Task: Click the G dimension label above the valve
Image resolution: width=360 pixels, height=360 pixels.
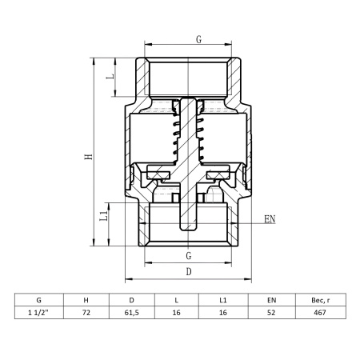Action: pyautogui.click(x=198, y=39)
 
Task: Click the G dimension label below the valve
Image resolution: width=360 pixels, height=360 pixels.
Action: pyautogui.click(x=189, y=256)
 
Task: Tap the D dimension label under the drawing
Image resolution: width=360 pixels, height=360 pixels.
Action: pyautogui.click(x=189, y=272)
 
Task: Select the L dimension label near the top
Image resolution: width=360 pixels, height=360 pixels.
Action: pyautogui.click(x=110, y=76)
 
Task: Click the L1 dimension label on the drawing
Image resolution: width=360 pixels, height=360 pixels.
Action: pyautogui.click(x=103, y=216)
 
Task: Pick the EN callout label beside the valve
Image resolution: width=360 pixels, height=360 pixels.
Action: pyautogui.click(x=270, y=219)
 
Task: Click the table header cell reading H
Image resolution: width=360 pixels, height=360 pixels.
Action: pyautogui.click(x=86, y=300)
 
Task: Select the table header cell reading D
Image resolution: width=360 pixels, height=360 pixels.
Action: pyautogui.click(x=131, y=300)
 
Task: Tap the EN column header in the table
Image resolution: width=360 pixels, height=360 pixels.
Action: pyautogui.click(x=271, y=300)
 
